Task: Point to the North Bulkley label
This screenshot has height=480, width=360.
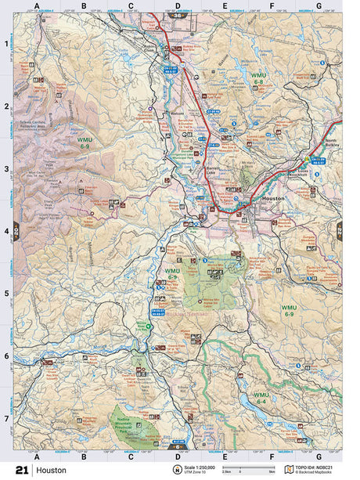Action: (330, 145)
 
